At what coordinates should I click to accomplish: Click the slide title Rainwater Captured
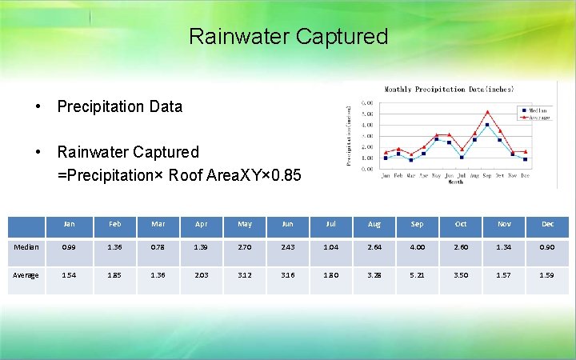[x=288, y=37]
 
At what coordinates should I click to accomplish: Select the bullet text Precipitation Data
[x=119, y=106]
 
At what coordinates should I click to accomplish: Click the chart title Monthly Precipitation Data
[x=449, y=90]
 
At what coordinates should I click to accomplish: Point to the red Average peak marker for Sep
[x=487, y=112]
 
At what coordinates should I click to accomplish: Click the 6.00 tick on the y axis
[x=366, y=103]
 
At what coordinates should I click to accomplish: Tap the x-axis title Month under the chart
[x=454, y=182]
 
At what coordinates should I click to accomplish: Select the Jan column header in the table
[x=70, y=224]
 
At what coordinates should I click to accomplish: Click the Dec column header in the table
[x=547, y=224]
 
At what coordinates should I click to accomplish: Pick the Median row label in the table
[x=26, y=247]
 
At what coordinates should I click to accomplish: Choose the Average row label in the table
[x=26, y=276]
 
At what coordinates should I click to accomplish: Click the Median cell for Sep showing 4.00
[x=417, y=247]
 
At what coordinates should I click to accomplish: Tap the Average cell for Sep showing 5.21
[x=417, y=276]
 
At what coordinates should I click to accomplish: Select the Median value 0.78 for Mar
[x=157, y=247]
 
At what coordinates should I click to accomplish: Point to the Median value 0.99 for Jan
[x=70, y=247]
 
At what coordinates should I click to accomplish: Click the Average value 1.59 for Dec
[x=547, y=276]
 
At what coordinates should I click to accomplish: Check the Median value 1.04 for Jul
[x=330, y=247]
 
